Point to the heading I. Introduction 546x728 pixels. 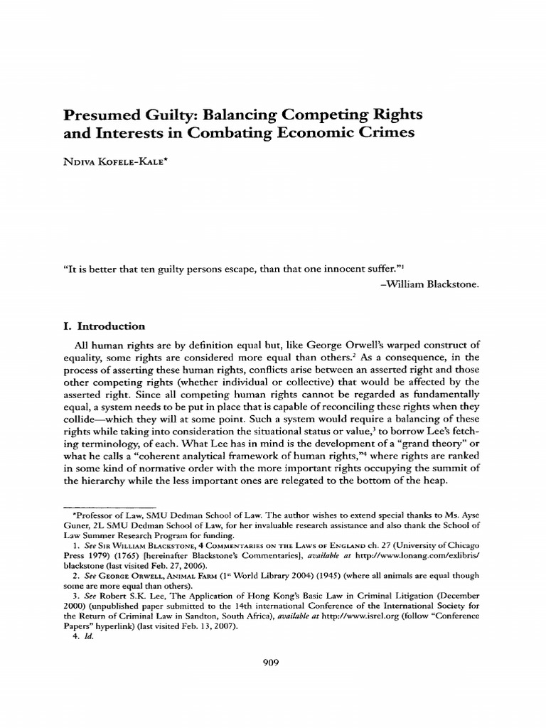[105, 326]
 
